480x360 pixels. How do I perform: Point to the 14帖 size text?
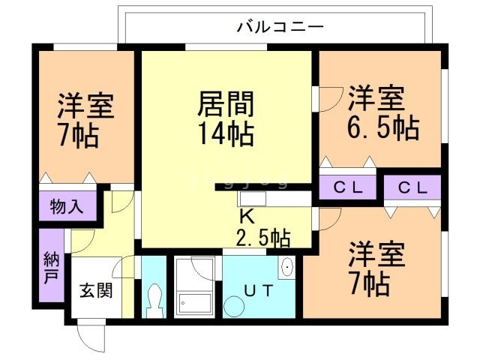pyautogui.click(x=225, y=135)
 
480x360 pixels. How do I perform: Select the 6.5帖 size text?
pyautogui.click(x=382, y=127)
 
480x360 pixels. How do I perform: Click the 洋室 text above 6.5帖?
pyautogui.click(x=376, y=97)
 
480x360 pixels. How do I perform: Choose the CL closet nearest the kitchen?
pyautogui.click(x=347, y=188)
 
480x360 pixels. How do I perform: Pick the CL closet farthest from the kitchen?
pyautogui.click(x=412, y=188)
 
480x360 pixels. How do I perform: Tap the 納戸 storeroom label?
pyautogui.click(x=50, y=266)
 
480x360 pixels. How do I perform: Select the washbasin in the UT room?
pyautogui.click(x=286, y=268)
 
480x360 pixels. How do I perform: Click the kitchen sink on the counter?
pyautogui.click(x=250, y=199)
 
